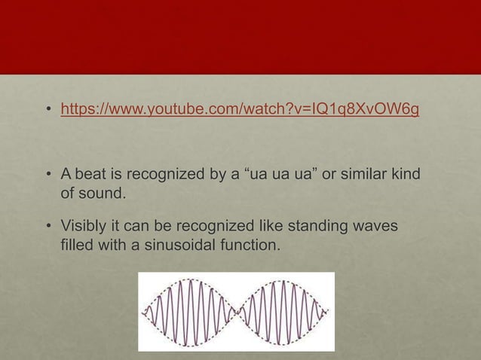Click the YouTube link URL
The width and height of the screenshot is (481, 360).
[240, 112]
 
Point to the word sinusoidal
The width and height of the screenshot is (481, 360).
[181, 246]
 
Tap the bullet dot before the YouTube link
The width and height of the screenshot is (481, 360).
[47, 113]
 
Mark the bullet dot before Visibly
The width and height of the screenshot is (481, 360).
[47, 227]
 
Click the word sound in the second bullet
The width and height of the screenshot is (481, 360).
[101, 195]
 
